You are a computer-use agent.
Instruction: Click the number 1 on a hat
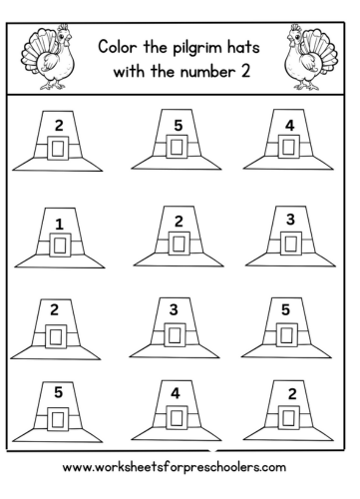[x=59, y=223]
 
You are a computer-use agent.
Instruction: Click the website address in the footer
[x=180, y=467]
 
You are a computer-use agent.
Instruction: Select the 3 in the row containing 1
[x=289, y=219]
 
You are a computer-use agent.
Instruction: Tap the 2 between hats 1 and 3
[x=178, y=221]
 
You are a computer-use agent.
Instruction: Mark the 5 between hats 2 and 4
[x=177, y=127]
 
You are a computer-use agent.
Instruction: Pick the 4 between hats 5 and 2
[x=177, y=394]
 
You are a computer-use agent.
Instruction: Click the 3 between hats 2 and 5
[x=177, y=310]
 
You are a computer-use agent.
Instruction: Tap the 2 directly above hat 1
[x=59, y=127]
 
